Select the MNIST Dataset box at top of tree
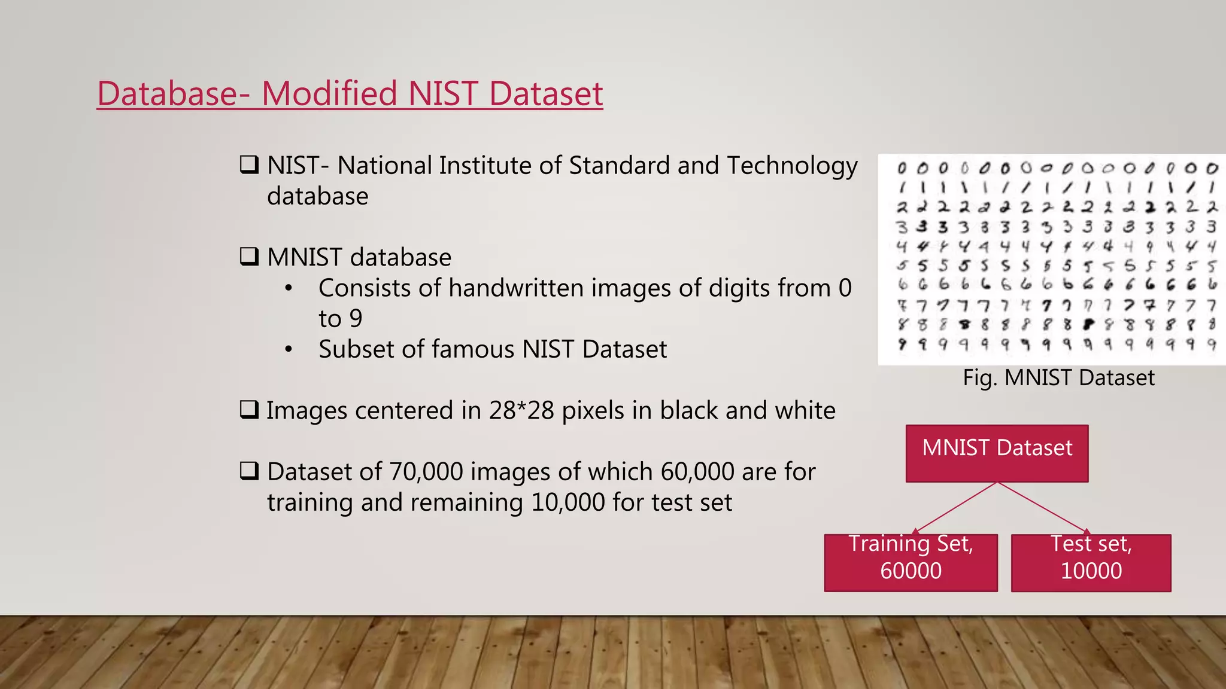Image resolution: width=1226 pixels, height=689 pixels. coord(997,453)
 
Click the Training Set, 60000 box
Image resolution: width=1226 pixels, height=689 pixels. coord(911,562)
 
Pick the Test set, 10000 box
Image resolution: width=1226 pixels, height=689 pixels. coord(1091,562)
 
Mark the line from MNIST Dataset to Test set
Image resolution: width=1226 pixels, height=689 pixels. coord(1042,507)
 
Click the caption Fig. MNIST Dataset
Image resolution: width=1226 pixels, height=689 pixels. coord(1058,378)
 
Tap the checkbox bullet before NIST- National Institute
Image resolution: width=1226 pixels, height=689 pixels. coord(249,164)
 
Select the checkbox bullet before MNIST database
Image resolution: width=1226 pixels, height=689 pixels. coord(249,257)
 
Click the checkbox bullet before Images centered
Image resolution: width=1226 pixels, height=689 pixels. coord(249,410)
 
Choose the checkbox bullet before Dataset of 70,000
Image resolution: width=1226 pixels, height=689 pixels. coord(249,471)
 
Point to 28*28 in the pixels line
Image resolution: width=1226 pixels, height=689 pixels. coord(521,410)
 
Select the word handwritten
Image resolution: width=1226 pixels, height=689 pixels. coord(515,288)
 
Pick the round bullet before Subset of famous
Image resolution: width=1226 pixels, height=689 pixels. coord(289,349)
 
